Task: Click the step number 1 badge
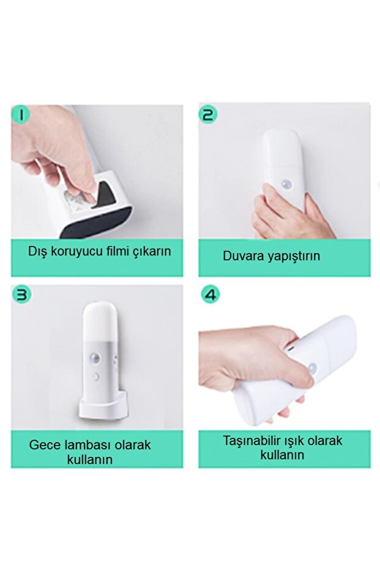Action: [20, 114]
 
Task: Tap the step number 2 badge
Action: [208, 114]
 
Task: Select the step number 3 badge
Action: [21, 294]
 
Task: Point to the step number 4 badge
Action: [210, 294]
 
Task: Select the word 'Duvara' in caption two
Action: [242, 256]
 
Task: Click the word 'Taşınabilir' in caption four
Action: [253, 441]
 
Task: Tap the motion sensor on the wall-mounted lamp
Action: [286, 184]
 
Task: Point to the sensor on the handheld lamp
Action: [312, 369]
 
